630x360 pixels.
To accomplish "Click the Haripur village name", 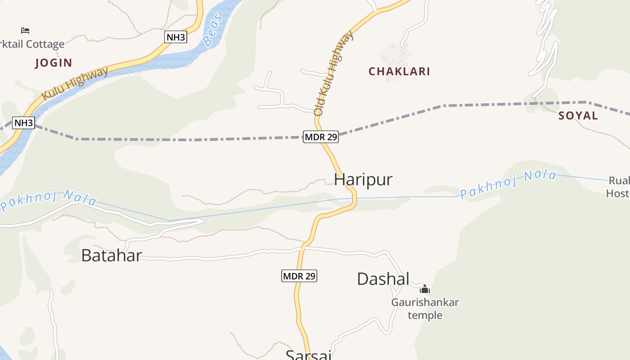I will pos(363,180).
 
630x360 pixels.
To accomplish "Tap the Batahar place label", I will pos(111,256).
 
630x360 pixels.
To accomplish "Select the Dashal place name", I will pos(383,279).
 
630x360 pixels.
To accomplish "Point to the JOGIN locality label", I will pos(54,63).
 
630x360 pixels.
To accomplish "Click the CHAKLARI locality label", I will pos(399,72).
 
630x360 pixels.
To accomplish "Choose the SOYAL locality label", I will pos(578,116).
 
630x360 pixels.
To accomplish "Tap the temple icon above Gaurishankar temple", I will pos(424,289).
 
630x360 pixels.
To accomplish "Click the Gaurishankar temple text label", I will pos(425,308).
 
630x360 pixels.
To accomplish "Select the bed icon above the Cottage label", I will pos(25,31).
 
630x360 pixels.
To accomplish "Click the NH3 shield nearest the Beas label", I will pos(175,37).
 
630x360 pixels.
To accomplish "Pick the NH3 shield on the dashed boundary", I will pos(23,123).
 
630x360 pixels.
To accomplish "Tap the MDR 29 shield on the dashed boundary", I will pos(320,137).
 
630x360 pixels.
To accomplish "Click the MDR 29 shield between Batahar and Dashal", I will pos(299,276).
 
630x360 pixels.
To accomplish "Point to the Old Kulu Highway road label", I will pos(333,73).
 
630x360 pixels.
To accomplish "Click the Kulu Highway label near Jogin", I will pos(75,84).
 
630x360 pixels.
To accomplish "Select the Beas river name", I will pos(213,30).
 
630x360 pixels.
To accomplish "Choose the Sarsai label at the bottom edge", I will pos(309,355).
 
